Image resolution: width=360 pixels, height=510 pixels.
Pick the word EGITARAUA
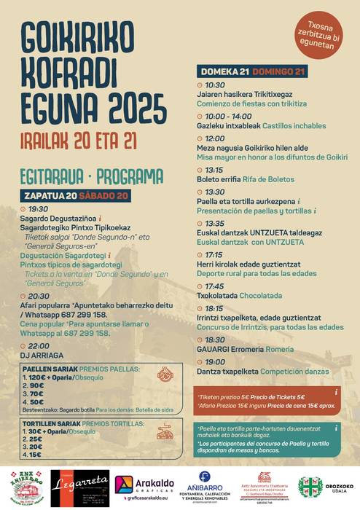(x=51, y=176)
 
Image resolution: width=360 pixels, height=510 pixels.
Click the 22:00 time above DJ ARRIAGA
(x=39, y=346)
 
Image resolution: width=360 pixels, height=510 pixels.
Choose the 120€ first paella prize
(x=35, y=378)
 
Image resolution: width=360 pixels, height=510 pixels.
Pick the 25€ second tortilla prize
(x=33, y=440)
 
